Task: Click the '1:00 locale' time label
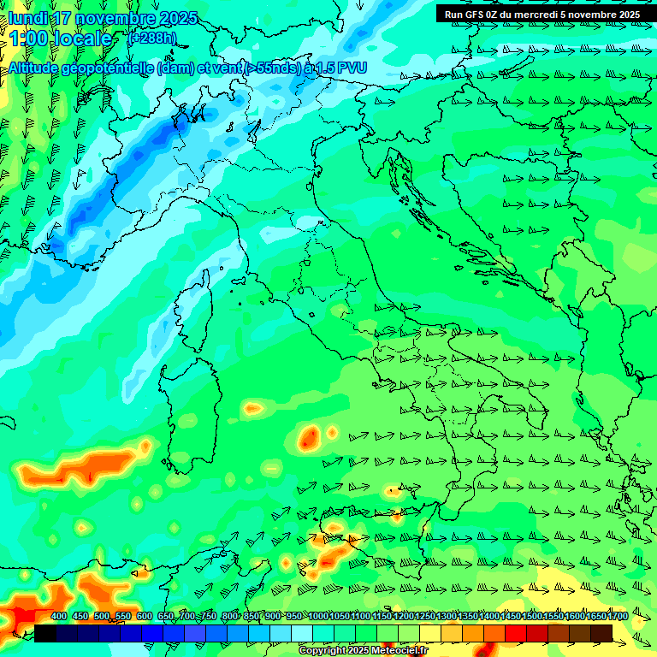60,38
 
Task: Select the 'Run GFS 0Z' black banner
542,14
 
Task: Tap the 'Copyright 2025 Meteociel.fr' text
364,651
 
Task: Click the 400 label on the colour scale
59,617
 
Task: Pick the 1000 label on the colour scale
317,617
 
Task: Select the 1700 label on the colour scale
595,617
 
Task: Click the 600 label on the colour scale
145,617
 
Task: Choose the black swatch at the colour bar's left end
45,633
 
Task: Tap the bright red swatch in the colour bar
516,633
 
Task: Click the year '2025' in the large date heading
179,18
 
